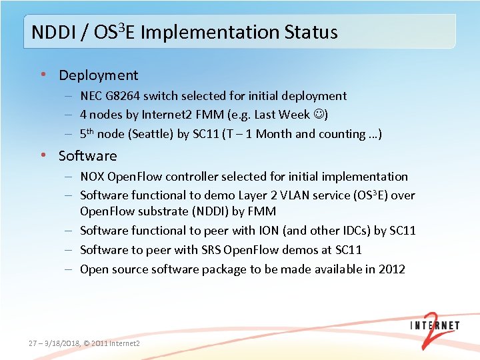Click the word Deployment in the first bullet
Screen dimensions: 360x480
coord(98,75)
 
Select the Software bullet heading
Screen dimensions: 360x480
coord(87,156)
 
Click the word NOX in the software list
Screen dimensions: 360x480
coord(92,177)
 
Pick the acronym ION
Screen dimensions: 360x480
coord(272,231)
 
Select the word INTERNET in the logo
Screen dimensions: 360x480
coord(434,326)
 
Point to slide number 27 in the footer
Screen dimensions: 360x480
coord(34,343)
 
